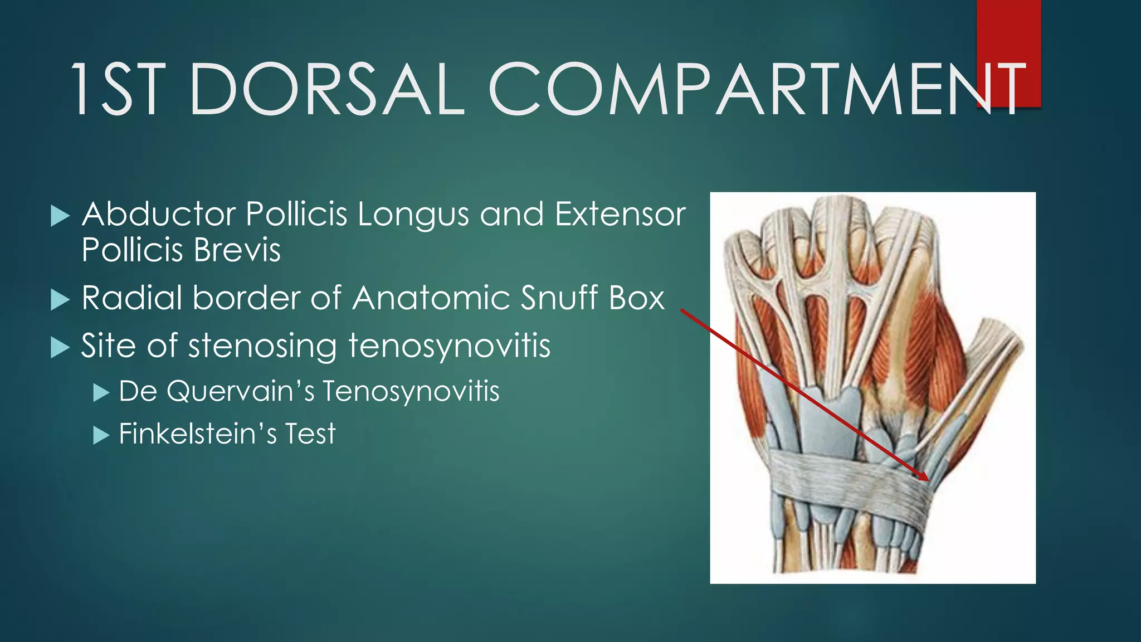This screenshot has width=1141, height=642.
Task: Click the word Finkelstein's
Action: [198, 434]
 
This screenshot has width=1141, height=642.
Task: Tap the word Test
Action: [310, 434]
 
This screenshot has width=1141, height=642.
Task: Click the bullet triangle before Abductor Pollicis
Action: [60, 216]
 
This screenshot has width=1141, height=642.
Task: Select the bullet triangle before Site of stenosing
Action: [60, 348]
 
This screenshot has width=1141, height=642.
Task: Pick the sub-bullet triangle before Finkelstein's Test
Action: [101, 435]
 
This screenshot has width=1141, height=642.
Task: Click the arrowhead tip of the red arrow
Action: [927, 479]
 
